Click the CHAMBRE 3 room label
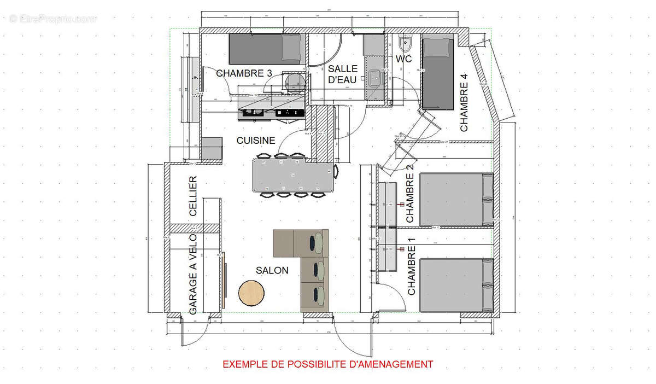(x=244, y=73)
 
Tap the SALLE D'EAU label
(x=343, y=74)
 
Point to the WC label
(x=403, y=59)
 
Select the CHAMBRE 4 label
(x=465, y=107)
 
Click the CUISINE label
(x=256, y=141)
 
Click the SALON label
(x=272, y=271)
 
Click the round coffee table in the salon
(x=252, y=293)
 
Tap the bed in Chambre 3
(x=265, y=48)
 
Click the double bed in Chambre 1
(x=456, y=285)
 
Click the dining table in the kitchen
(x=292, y=175)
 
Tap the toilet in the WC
(x=406, y=43)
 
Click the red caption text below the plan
(x=328, y=364)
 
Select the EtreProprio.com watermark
(x=53, y=19)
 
